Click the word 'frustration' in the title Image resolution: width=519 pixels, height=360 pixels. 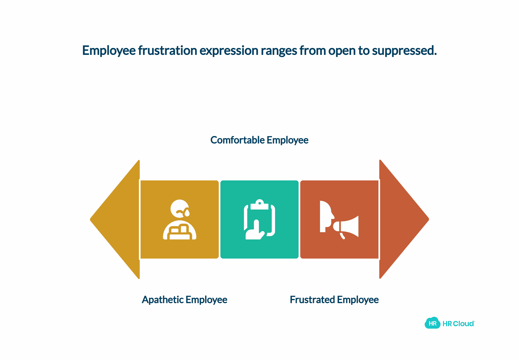167,51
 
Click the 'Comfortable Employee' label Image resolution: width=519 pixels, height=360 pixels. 259,140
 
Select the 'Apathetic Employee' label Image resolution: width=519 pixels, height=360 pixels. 184,300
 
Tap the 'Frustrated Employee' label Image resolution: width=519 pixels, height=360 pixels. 334,300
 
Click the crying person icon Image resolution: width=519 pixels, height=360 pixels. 180,219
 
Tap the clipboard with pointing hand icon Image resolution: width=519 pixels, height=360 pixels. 259,219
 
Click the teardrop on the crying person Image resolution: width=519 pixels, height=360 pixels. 187,213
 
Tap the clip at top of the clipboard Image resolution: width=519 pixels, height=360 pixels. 259,205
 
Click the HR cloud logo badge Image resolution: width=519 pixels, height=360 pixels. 432,323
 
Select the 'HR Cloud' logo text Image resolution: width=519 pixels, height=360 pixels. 459,324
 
